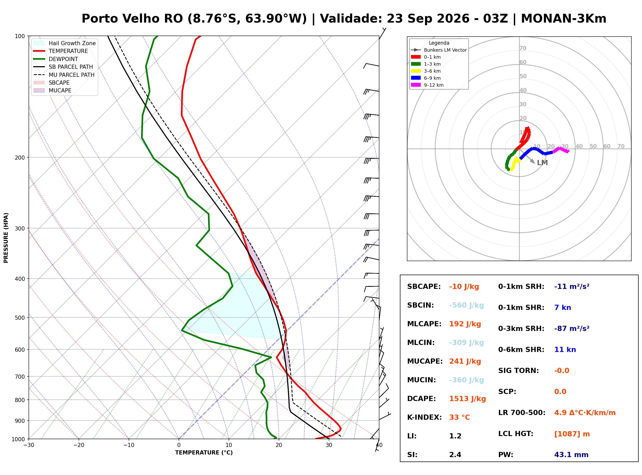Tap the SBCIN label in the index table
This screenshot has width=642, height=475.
click(x=420, y=305)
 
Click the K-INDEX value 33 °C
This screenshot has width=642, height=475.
click(x=459, y=417)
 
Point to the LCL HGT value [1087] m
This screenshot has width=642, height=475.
click(x=572, y=434)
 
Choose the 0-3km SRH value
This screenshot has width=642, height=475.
click(x=572, y=328)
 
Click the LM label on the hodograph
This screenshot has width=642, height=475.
click(x=542, y=163)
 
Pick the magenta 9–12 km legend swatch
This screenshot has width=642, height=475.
click(x=415, y=85)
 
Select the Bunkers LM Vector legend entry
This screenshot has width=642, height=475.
click(x=439, y=50)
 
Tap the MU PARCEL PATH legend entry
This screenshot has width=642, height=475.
click(x=64, y=75)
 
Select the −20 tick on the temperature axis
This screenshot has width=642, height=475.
click(x=79, y=445)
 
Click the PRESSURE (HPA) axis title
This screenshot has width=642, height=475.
click(x=6, y=238)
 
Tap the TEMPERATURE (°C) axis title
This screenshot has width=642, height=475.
click(x=204, y=453)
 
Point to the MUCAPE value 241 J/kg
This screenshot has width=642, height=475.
click(x=465, y=361)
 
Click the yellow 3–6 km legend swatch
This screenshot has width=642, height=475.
click(x=415, y=71)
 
